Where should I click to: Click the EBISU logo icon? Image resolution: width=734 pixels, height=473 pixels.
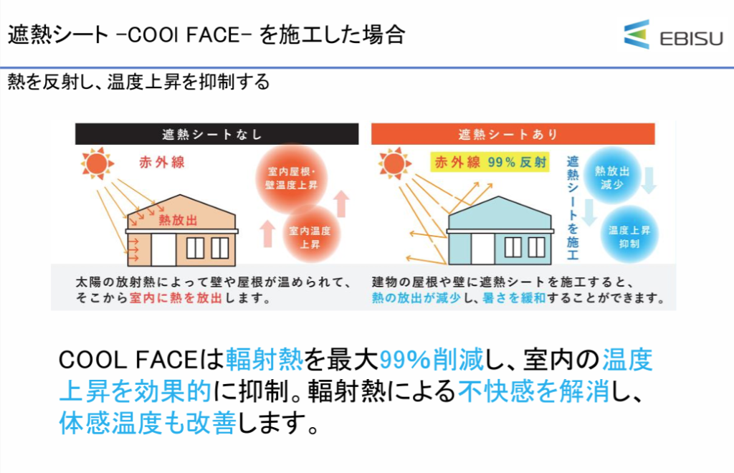637,34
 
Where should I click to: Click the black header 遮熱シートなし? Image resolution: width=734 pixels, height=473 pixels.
216,134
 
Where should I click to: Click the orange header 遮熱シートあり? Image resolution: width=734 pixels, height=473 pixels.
513,134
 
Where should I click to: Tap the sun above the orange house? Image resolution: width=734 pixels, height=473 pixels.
97,163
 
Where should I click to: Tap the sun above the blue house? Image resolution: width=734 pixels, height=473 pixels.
394,163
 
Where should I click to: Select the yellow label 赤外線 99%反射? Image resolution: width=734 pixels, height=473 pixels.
490,163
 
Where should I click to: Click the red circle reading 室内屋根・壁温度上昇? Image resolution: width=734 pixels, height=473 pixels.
291,178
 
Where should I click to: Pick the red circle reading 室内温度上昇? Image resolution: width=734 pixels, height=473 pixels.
310,236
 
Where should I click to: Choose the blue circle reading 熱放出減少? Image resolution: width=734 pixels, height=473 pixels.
612,177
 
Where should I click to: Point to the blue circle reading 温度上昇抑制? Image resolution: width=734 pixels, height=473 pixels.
629,236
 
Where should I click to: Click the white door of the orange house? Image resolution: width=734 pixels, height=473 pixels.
164,250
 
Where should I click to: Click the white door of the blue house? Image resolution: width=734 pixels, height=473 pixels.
483,249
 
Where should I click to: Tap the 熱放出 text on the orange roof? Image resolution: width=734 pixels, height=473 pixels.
178,220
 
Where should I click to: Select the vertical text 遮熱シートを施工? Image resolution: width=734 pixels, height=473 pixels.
573,208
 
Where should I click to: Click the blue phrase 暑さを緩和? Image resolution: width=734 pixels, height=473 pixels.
514,297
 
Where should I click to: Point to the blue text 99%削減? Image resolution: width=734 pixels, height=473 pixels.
431,359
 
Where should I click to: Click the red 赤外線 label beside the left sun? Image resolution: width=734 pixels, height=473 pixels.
162,163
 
